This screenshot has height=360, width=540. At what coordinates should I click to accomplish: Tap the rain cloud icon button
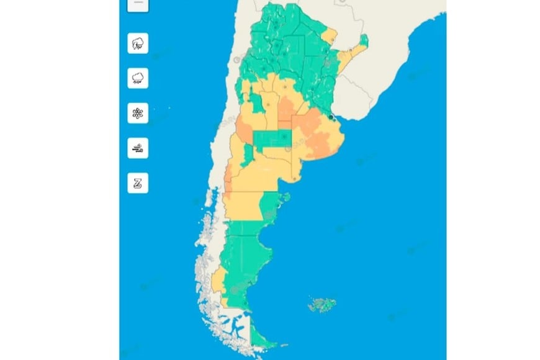[x=138, y=78]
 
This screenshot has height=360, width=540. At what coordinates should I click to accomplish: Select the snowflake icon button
[x=138, y=114]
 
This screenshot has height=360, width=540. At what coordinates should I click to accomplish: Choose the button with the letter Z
[x=138, y=183]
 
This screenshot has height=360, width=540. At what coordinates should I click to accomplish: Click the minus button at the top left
[x=138, y=4]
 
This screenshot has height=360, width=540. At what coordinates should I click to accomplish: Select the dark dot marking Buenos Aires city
[x=332, y=116]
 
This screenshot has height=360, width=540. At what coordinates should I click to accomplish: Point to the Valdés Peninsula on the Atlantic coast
[x=285, y=199]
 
